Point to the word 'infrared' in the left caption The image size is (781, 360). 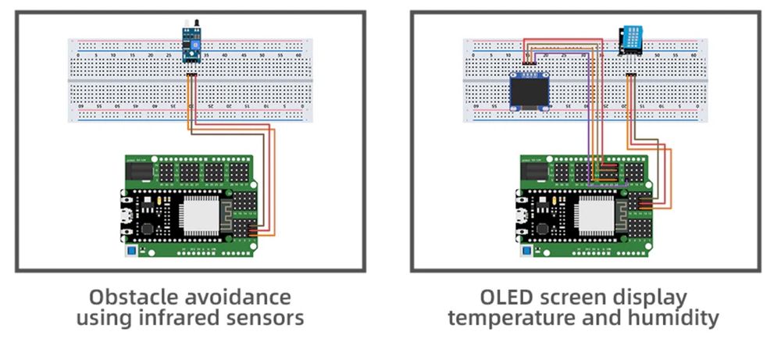point(185,318)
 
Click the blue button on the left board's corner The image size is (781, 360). point(132,251)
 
